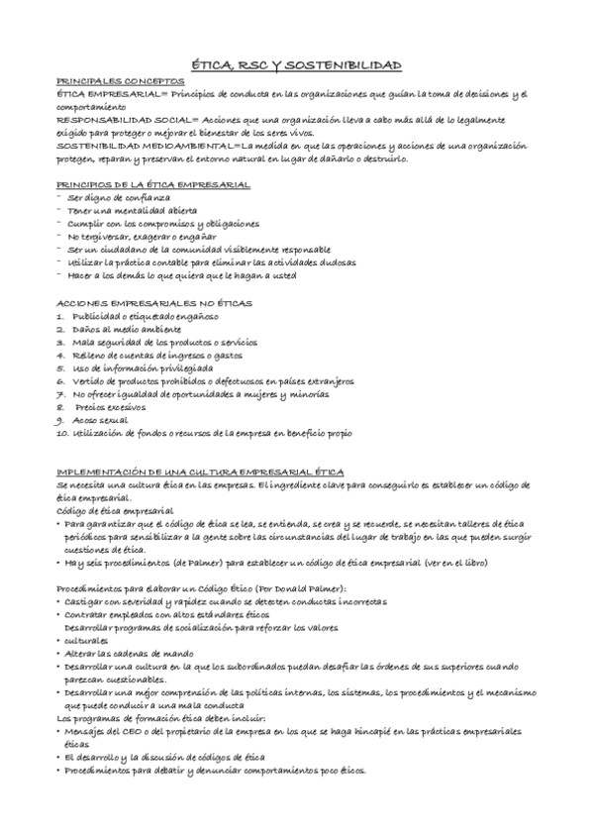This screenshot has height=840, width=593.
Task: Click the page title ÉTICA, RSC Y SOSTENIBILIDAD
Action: [x=296, y=65]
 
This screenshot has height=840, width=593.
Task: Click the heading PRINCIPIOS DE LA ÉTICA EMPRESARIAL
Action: [x=153, y=185]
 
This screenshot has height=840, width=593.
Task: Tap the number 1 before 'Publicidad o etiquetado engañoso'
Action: [x=60, y=316]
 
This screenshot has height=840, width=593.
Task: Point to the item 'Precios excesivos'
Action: [x=110, y=406]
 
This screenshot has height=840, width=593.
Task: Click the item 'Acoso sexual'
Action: [x=100, y=420]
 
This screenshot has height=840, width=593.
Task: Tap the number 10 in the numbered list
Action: [x=62, y=433]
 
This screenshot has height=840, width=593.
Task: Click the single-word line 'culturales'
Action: [x=89, y=641]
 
